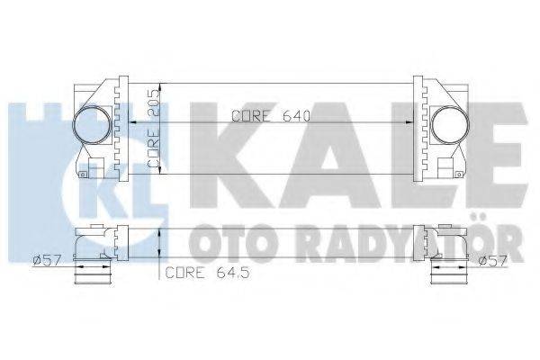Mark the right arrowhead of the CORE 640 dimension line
(x=409, y=122)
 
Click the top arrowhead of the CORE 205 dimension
(x=160, y=85)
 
